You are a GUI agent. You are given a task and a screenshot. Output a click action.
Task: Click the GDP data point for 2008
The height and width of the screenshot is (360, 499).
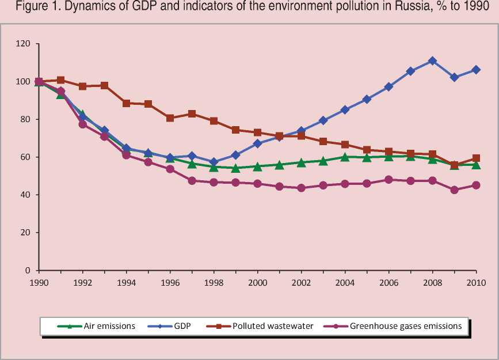(432, 61)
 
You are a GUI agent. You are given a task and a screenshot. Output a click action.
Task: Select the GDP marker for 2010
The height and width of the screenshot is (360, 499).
(476, 70)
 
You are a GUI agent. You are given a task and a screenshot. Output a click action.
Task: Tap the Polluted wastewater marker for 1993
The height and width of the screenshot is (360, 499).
(104, 85)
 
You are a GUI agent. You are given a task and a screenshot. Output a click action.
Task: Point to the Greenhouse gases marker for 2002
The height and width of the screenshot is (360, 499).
(301, 188)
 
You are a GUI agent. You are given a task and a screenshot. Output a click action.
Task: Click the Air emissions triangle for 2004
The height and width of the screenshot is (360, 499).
(345, 157)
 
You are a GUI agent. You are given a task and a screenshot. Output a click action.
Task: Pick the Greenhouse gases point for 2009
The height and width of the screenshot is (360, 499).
(454, 190)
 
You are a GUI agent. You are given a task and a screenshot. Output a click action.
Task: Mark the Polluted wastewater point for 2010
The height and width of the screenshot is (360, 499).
(476, 158)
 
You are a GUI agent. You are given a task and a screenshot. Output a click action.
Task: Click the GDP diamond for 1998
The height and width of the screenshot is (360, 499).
(214, 162)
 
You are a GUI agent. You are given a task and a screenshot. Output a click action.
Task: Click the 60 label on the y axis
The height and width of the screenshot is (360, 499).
(25, 157)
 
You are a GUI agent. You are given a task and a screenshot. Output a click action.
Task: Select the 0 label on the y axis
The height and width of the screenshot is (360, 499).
(28, 271)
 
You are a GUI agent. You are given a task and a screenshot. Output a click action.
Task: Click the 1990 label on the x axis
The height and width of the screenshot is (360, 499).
(39, 282)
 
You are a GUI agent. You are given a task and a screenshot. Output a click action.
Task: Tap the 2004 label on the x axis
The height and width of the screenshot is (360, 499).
(345, 282)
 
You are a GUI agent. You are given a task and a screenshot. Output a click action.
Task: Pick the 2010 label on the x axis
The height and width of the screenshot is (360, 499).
(476, 282)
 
